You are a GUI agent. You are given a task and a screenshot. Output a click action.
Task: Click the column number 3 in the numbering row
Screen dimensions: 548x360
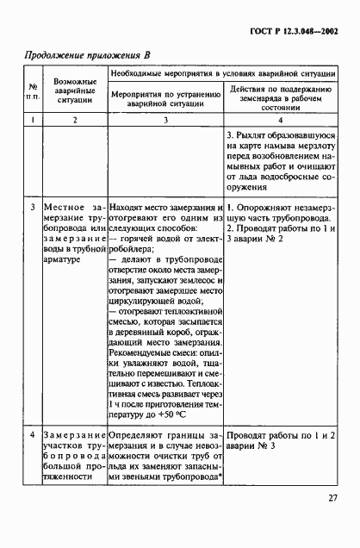164,121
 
